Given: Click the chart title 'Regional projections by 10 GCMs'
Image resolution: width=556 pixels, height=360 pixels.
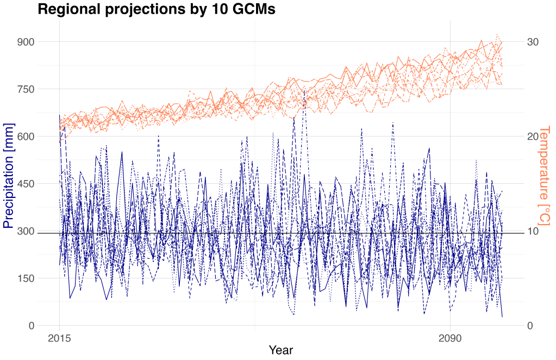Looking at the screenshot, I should click(157, 9).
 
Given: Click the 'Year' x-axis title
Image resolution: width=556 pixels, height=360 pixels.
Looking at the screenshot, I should click(281, 351).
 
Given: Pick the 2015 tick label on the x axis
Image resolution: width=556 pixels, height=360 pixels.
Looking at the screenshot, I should click(60, 338).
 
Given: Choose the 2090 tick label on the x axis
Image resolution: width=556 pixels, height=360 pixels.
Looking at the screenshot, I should click(450, 338).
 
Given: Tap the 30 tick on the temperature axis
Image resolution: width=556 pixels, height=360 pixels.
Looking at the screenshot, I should click(533, 42).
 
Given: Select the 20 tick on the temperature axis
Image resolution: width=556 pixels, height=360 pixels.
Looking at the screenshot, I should click(533, 136).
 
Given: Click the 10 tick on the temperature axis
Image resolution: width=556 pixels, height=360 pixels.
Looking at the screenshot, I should click(533, 231).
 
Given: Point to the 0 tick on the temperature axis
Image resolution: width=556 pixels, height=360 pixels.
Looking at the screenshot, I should click(530, 326).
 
